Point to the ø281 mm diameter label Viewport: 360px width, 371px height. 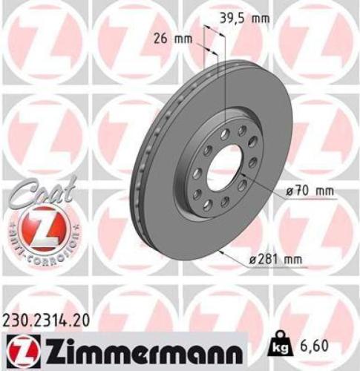click(x=276, y=259)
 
